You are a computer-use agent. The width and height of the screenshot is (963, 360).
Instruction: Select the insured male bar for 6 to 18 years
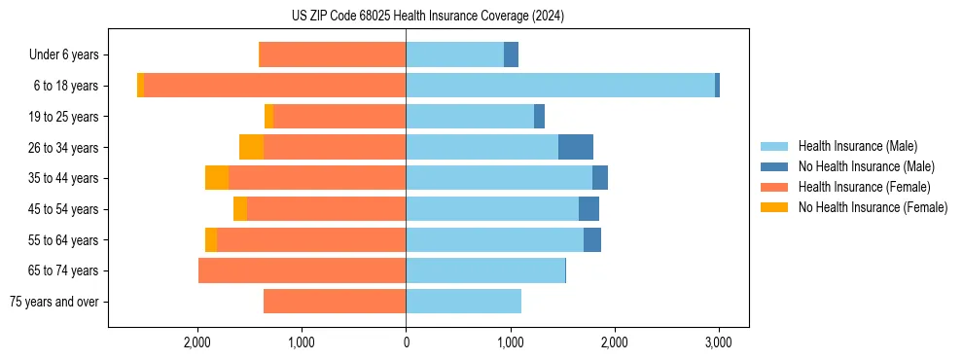559,86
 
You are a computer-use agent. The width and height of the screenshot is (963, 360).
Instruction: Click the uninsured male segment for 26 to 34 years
576,147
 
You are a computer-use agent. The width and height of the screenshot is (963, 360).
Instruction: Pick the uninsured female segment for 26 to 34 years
251,147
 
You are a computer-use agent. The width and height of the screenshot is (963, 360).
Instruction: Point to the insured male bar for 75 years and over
463,302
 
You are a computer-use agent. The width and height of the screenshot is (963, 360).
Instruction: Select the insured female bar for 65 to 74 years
302,270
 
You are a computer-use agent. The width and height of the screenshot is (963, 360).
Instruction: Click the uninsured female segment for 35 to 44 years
217,178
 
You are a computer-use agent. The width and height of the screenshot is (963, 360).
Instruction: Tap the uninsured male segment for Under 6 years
511,54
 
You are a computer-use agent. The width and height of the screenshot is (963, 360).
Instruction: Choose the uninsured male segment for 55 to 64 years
592,239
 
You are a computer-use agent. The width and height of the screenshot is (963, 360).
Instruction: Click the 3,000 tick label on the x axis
718,342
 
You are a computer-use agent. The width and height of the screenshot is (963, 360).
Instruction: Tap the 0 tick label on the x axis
406,342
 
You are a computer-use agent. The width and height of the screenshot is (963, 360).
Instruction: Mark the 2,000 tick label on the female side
197,342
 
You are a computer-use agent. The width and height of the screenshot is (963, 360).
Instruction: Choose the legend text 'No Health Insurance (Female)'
873,207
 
